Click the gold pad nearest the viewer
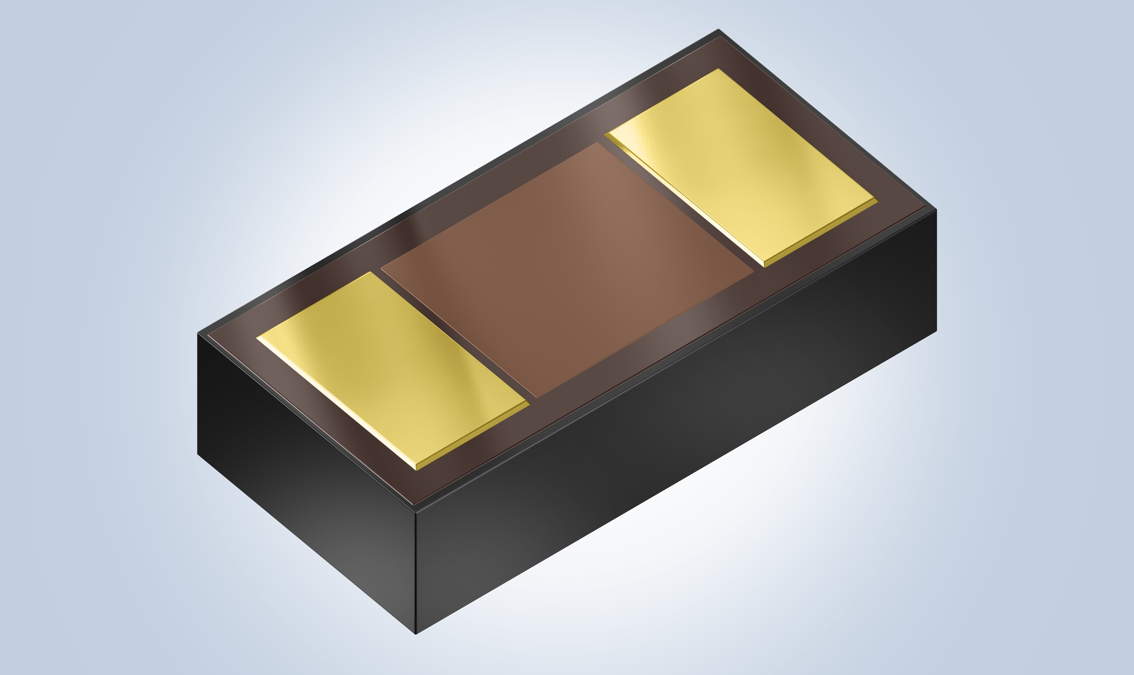point(391,368)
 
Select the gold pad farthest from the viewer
point(742,166)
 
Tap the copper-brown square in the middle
point(566,268)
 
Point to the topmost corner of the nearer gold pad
point(371,272)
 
